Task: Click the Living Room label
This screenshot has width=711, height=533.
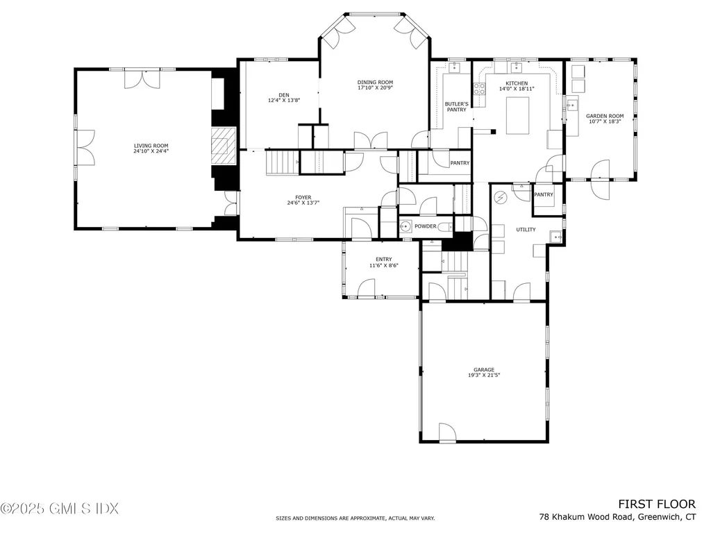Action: click(x=151, y=146)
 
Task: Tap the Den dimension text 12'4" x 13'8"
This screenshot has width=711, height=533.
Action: click(x=284, y=101)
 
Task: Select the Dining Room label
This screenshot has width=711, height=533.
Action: click(x=375, y=83)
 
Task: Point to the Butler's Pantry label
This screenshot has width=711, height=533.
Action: click(x=456, y=107)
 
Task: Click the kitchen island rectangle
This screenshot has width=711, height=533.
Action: click(x=517, y=116)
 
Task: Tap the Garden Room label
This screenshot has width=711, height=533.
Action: click(x=605, y=116)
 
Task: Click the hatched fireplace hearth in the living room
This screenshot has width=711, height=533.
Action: click(x=223, y=146)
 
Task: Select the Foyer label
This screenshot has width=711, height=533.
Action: click(x=303, y=198)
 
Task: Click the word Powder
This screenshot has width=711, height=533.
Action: click(x=426, y=226)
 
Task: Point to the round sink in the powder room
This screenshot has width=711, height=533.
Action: click(x=405, y=226)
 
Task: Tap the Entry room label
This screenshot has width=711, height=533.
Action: click(x=383, y=260)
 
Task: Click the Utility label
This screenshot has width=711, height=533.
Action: click(x=526, y=230)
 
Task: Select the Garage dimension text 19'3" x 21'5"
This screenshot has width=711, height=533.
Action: click(x=484, y=375)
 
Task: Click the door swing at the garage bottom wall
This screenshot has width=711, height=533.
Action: click(x=447, y=431)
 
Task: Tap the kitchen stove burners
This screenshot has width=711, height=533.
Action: click(x=480, y=89)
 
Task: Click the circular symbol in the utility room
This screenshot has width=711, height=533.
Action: click(x=501, y=198)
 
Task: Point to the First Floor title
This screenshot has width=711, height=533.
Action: click(x=657, y=505)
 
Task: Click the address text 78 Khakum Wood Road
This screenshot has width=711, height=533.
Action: click(x=587, y=517)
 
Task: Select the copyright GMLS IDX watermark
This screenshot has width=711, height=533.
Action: click(x=60, y=509)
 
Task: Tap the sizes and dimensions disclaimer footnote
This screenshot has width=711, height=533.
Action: click(x=355, y=518)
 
